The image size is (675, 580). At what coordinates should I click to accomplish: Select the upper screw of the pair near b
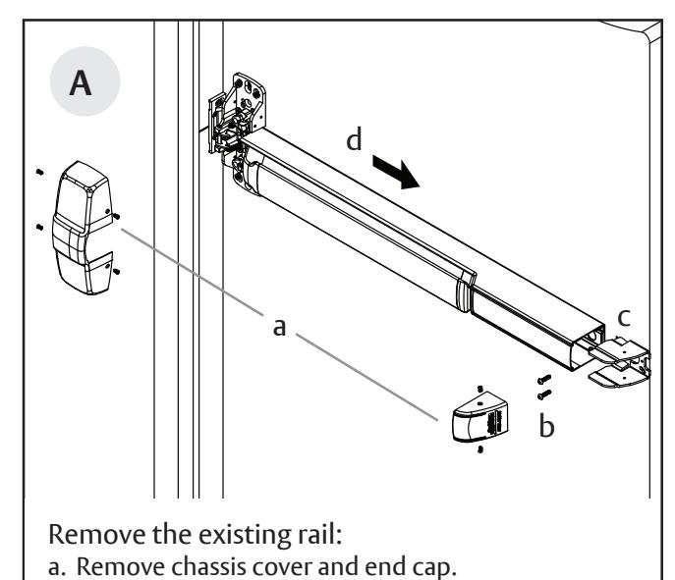click(543, 379)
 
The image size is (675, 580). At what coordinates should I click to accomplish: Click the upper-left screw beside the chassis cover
click(37, 170)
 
